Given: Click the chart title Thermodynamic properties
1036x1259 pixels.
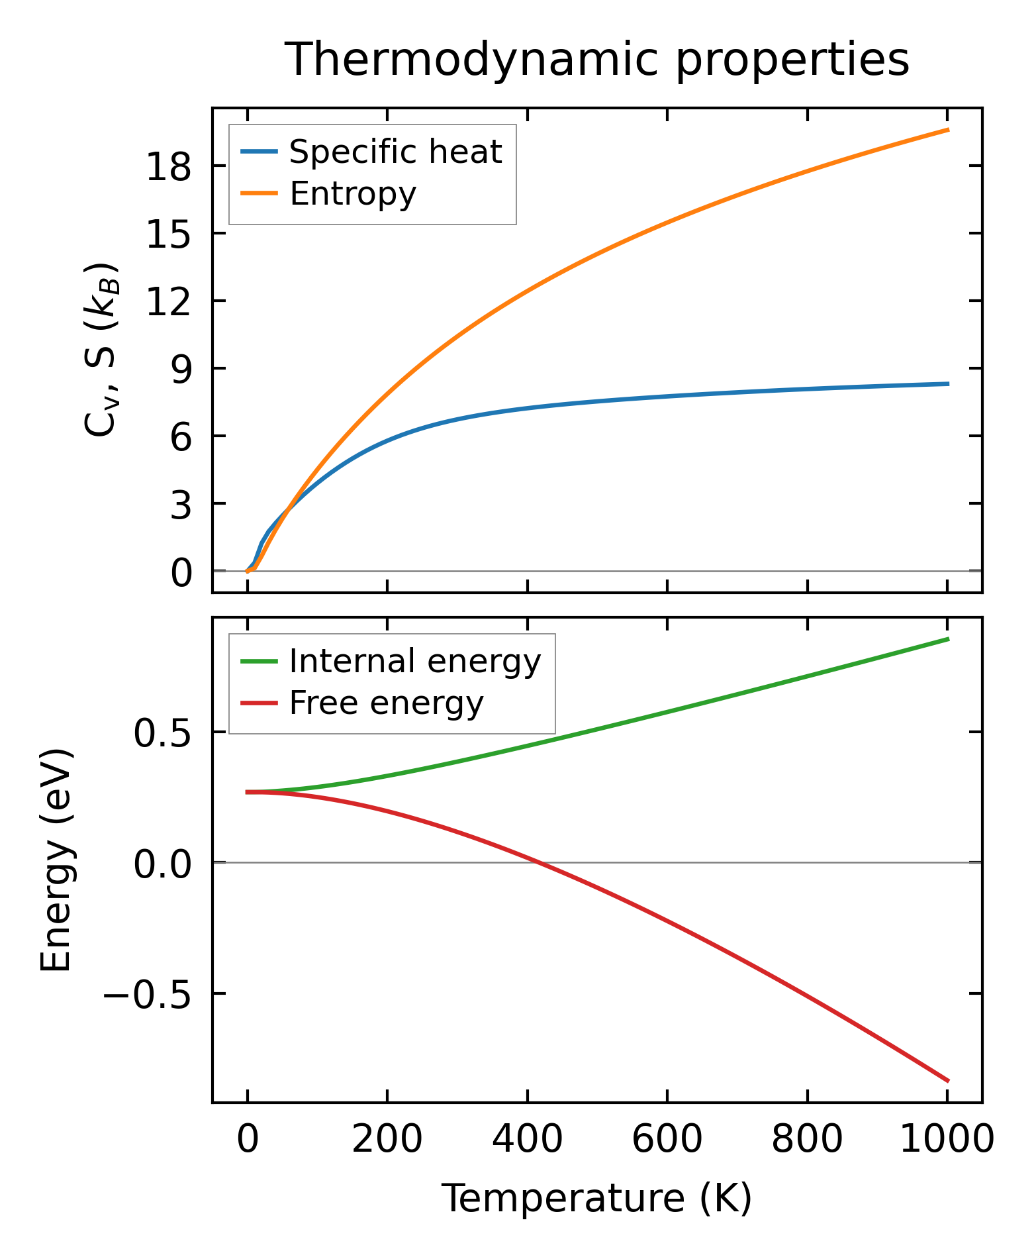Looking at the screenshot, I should pos(596,60).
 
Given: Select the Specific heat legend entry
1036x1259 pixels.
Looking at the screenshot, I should pos(395,152).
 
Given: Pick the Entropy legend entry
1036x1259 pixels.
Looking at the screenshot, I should pos(353,194).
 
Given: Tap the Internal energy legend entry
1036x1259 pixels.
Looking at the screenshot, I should pos(415,662).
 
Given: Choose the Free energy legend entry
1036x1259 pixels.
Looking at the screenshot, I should pos(387,703).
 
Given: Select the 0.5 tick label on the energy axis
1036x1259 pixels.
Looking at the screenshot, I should pos(163,734).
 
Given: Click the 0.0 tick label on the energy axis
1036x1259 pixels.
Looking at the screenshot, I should pos(163,864).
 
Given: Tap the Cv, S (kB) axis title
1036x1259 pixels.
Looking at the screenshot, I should pos(101,350).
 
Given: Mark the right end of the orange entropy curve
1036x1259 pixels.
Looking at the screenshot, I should pos(948,130).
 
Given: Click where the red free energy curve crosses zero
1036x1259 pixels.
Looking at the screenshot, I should pos(540,862).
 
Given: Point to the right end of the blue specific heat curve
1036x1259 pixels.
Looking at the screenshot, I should pos(948,384).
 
